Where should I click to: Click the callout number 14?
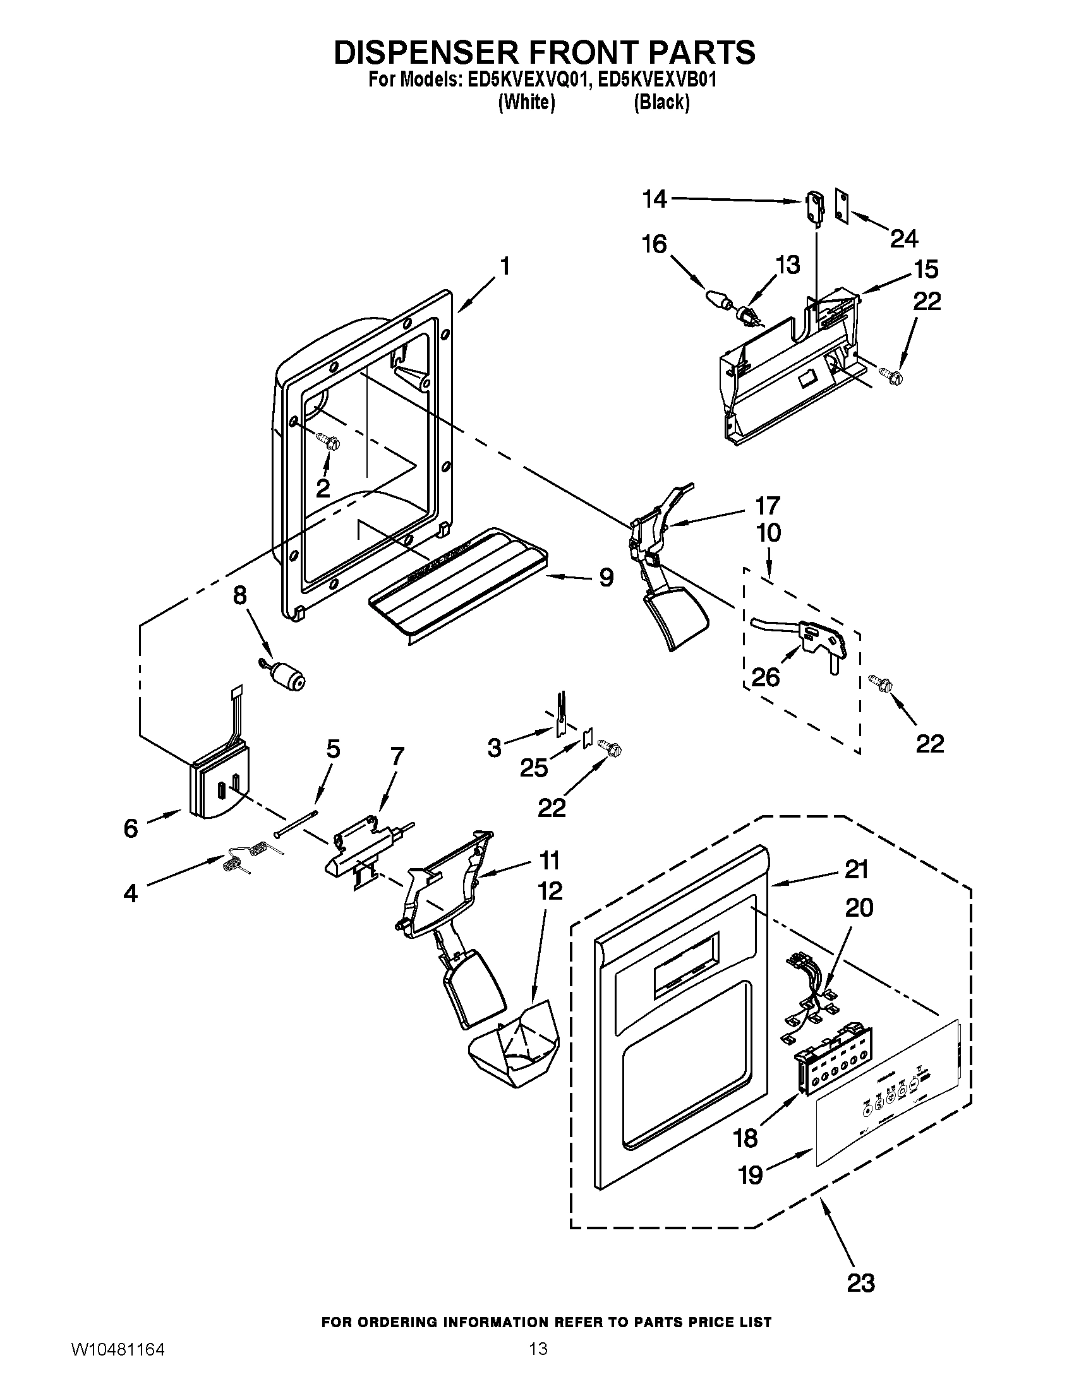click(x=654, y=199)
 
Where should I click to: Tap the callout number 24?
click(x=904, y=239)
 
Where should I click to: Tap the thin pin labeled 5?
click(x=296, y=823)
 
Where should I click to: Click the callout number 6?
click(x=130, y=828)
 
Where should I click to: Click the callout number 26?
click(x=766, y=677)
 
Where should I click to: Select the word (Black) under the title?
click(x=661, y=102)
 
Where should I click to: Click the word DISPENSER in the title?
click(x=433, y=52)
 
